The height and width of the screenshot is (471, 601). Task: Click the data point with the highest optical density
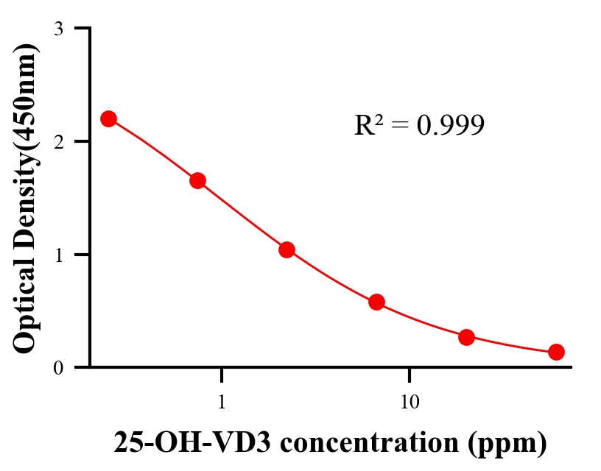pos(108,118)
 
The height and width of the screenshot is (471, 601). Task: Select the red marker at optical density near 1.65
pos(197,180)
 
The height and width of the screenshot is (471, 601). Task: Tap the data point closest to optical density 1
pos(287,249)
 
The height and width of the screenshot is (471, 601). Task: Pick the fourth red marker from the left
pos(376,302)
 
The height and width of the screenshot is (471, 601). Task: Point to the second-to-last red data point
pos(466,337)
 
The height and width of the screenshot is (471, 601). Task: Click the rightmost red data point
pos(556,352)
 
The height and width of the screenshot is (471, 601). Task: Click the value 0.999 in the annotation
pos(450,126)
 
